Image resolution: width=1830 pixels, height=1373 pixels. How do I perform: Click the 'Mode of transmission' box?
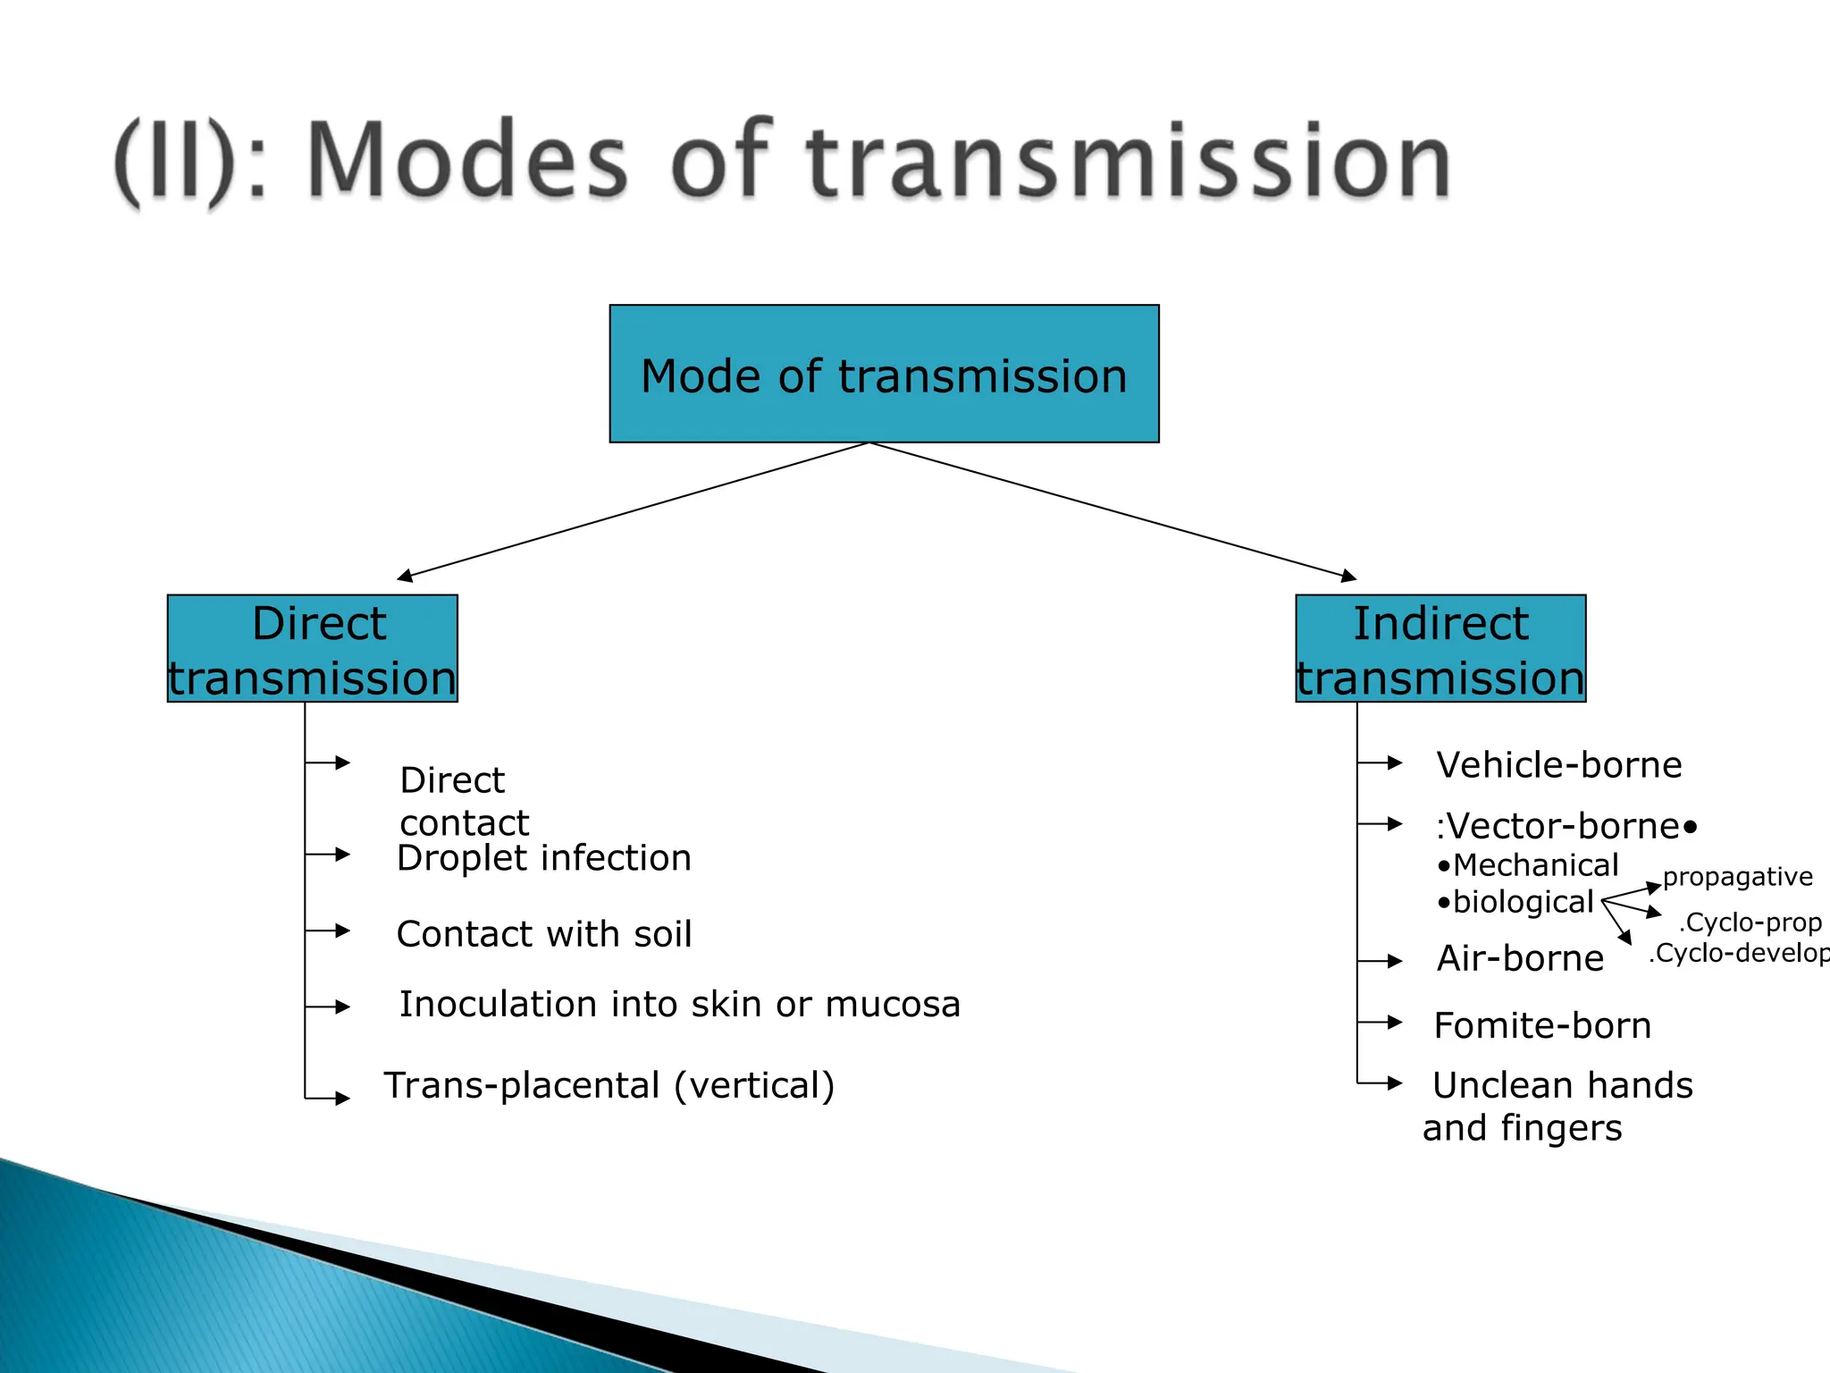pyautogui.click(x=884, y=374)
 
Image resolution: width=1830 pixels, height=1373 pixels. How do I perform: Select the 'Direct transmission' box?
pyautogui.click(x=312, y=649)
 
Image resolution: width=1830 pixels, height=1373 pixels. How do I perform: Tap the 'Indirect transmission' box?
pyautogui.click(x=1440, y=649)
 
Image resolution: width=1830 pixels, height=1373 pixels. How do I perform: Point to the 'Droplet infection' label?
pyautogui.click(x=543, y=858)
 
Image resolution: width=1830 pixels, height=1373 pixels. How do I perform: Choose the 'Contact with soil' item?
pyautogui.click(x=543, y=934)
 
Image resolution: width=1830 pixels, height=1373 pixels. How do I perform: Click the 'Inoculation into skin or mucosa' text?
pyautogui.click(x=679, y=1005)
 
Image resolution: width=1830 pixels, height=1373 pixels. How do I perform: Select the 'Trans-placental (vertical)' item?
pyautogui.click(x=609, y=1085)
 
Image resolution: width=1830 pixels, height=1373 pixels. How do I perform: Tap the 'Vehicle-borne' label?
pyautogui.click(x=1558, y=765)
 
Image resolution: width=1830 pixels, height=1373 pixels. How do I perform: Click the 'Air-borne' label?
pyautogui.click(x=1520, y=958)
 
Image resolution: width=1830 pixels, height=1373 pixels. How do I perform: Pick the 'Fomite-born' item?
pyautogui.click(x=1542, y=1025)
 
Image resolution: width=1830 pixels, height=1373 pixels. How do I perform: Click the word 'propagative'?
pyautogui.click(x=1737, y=877)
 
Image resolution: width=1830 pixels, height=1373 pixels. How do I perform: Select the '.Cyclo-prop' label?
pyautogui.click(x=1750, y=922)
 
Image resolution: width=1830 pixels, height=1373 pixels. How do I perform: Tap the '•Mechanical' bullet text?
pyautogui.click(x=1528, y=865)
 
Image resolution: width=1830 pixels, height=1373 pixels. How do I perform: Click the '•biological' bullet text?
pyautogui.click(x=1515, y=902)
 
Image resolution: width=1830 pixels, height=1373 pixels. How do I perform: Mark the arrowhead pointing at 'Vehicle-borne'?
pyautogui.click(x=1395, y=762)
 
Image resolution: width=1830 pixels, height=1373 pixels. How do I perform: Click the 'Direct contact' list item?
pyautogui.click(x=464, y=801)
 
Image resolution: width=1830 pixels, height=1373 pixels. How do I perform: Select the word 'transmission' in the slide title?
pyautogui.click(x=1128, y=161)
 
